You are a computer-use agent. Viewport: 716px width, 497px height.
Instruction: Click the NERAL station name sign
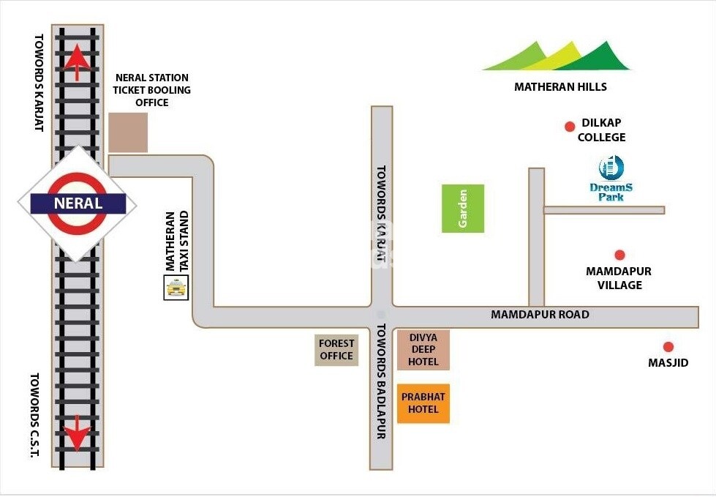78,203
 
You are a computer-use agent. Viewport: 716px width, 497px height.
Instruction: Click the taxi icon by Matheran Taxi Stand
176,288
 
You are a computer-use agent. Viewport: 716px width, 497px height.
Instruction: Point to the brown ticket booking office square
128,132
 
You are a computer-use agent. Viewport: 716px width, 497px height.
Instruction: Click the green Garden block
462,209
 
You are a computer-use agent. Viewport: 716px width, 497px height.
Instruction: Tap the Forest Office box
336,350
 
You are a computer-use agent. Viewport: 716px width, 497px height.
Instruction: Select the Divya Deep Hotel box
423,350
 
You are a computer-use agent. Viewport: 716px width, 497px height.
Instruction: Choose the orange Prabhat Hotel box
423,403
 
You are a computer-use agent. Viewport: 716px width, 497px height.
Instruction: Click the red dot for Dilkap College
570,127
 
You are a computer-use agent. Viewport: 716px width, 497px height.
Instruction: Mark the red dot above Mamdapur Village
619,255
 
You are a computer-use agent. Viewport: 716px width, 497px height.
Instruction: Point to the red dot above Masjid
668,347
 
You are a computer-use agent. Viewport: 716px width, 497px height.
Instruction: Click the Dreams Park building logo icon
611,168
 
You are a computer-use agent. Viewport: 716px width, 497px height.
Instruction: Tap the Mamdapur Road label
540,315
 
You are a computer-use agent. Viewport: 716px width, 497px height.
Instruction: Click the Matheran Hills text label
560,87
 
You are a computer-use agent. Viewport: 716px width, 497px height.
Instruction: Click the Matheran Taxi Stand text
177,242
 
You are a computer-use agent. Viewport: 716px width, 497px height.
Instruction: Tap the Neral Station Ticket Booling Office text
152,90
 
